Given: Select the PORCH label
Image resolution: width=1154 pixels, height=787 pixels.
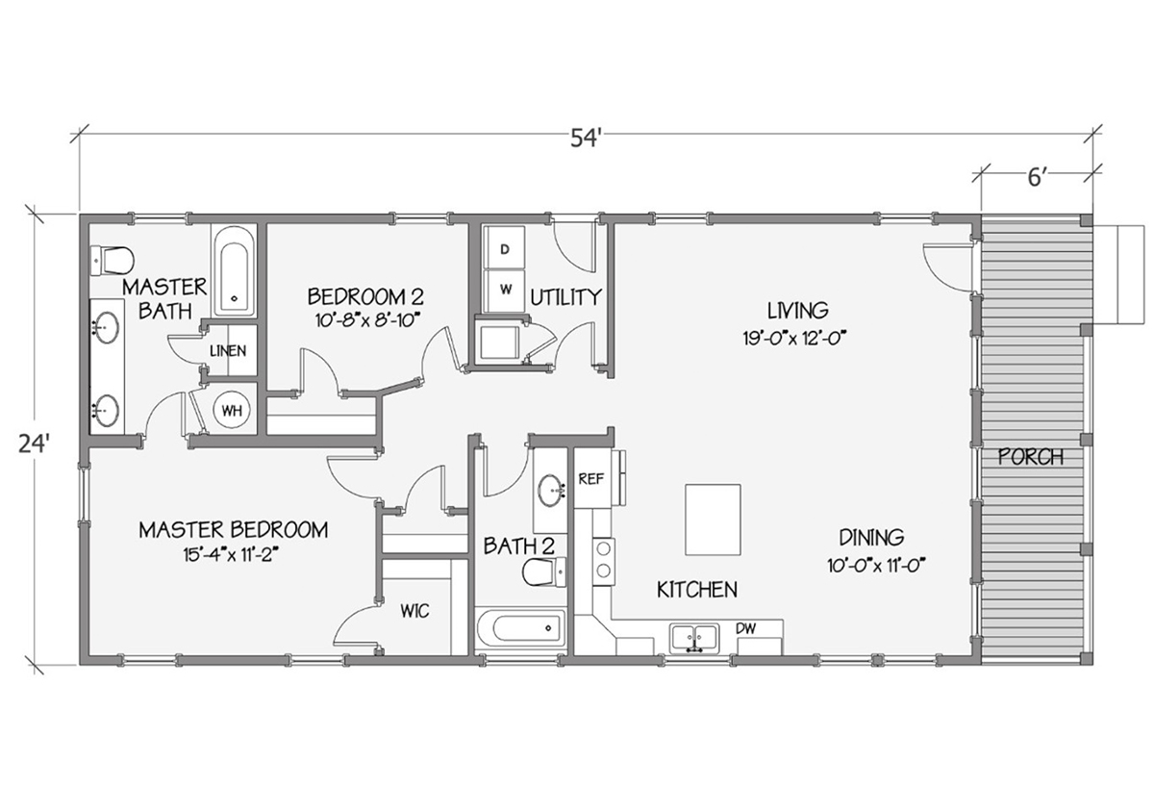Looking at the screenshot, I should pyautogui.click(x=1031, y=457).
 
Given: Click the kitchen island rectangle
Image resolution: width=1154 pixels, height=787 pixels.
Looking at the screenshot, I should pyautogui.click(x=713, y=520).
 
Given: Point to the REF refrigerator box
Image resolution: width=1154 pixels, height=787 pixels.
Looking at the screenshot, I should pyautogui.click(x=589, y=478).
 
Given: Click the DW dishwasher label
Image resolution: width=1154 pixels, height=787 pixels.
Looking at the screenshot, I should pyautogui.click(x=746, y=628).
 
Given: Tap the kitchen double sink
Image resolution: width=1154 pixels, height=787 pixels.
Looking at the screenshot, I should pyautogui.click(x=695, y=637).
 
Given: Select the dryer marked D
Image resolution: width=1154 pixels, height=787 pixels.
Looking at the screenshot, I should pyautogui.click(x=504, y=249).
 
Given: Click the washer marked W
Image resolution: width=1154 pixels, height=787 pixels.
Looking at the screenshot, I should pyautogui.click(x=504, y=289).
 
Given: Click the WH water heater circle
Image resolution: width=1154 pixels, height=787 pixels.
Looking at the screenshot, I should pyautogui.click(x=231, y=411).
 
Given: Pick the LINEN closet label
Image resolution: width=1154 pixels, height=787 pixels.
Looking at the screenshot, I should pyautogui.click(x=228, y=352).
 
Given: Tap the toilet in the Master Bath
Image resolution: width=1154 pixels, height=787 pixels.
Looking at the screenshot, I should pyautogui.click(x=112, y=260).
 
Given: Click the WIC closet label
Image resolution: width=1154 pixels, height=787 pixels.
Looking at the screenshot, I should pyautogui.click(x=414, y=611).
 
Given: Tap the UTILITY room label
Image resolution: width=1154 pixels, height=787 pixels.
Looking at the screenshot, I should pyautogui.click(x=566, y=296).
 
